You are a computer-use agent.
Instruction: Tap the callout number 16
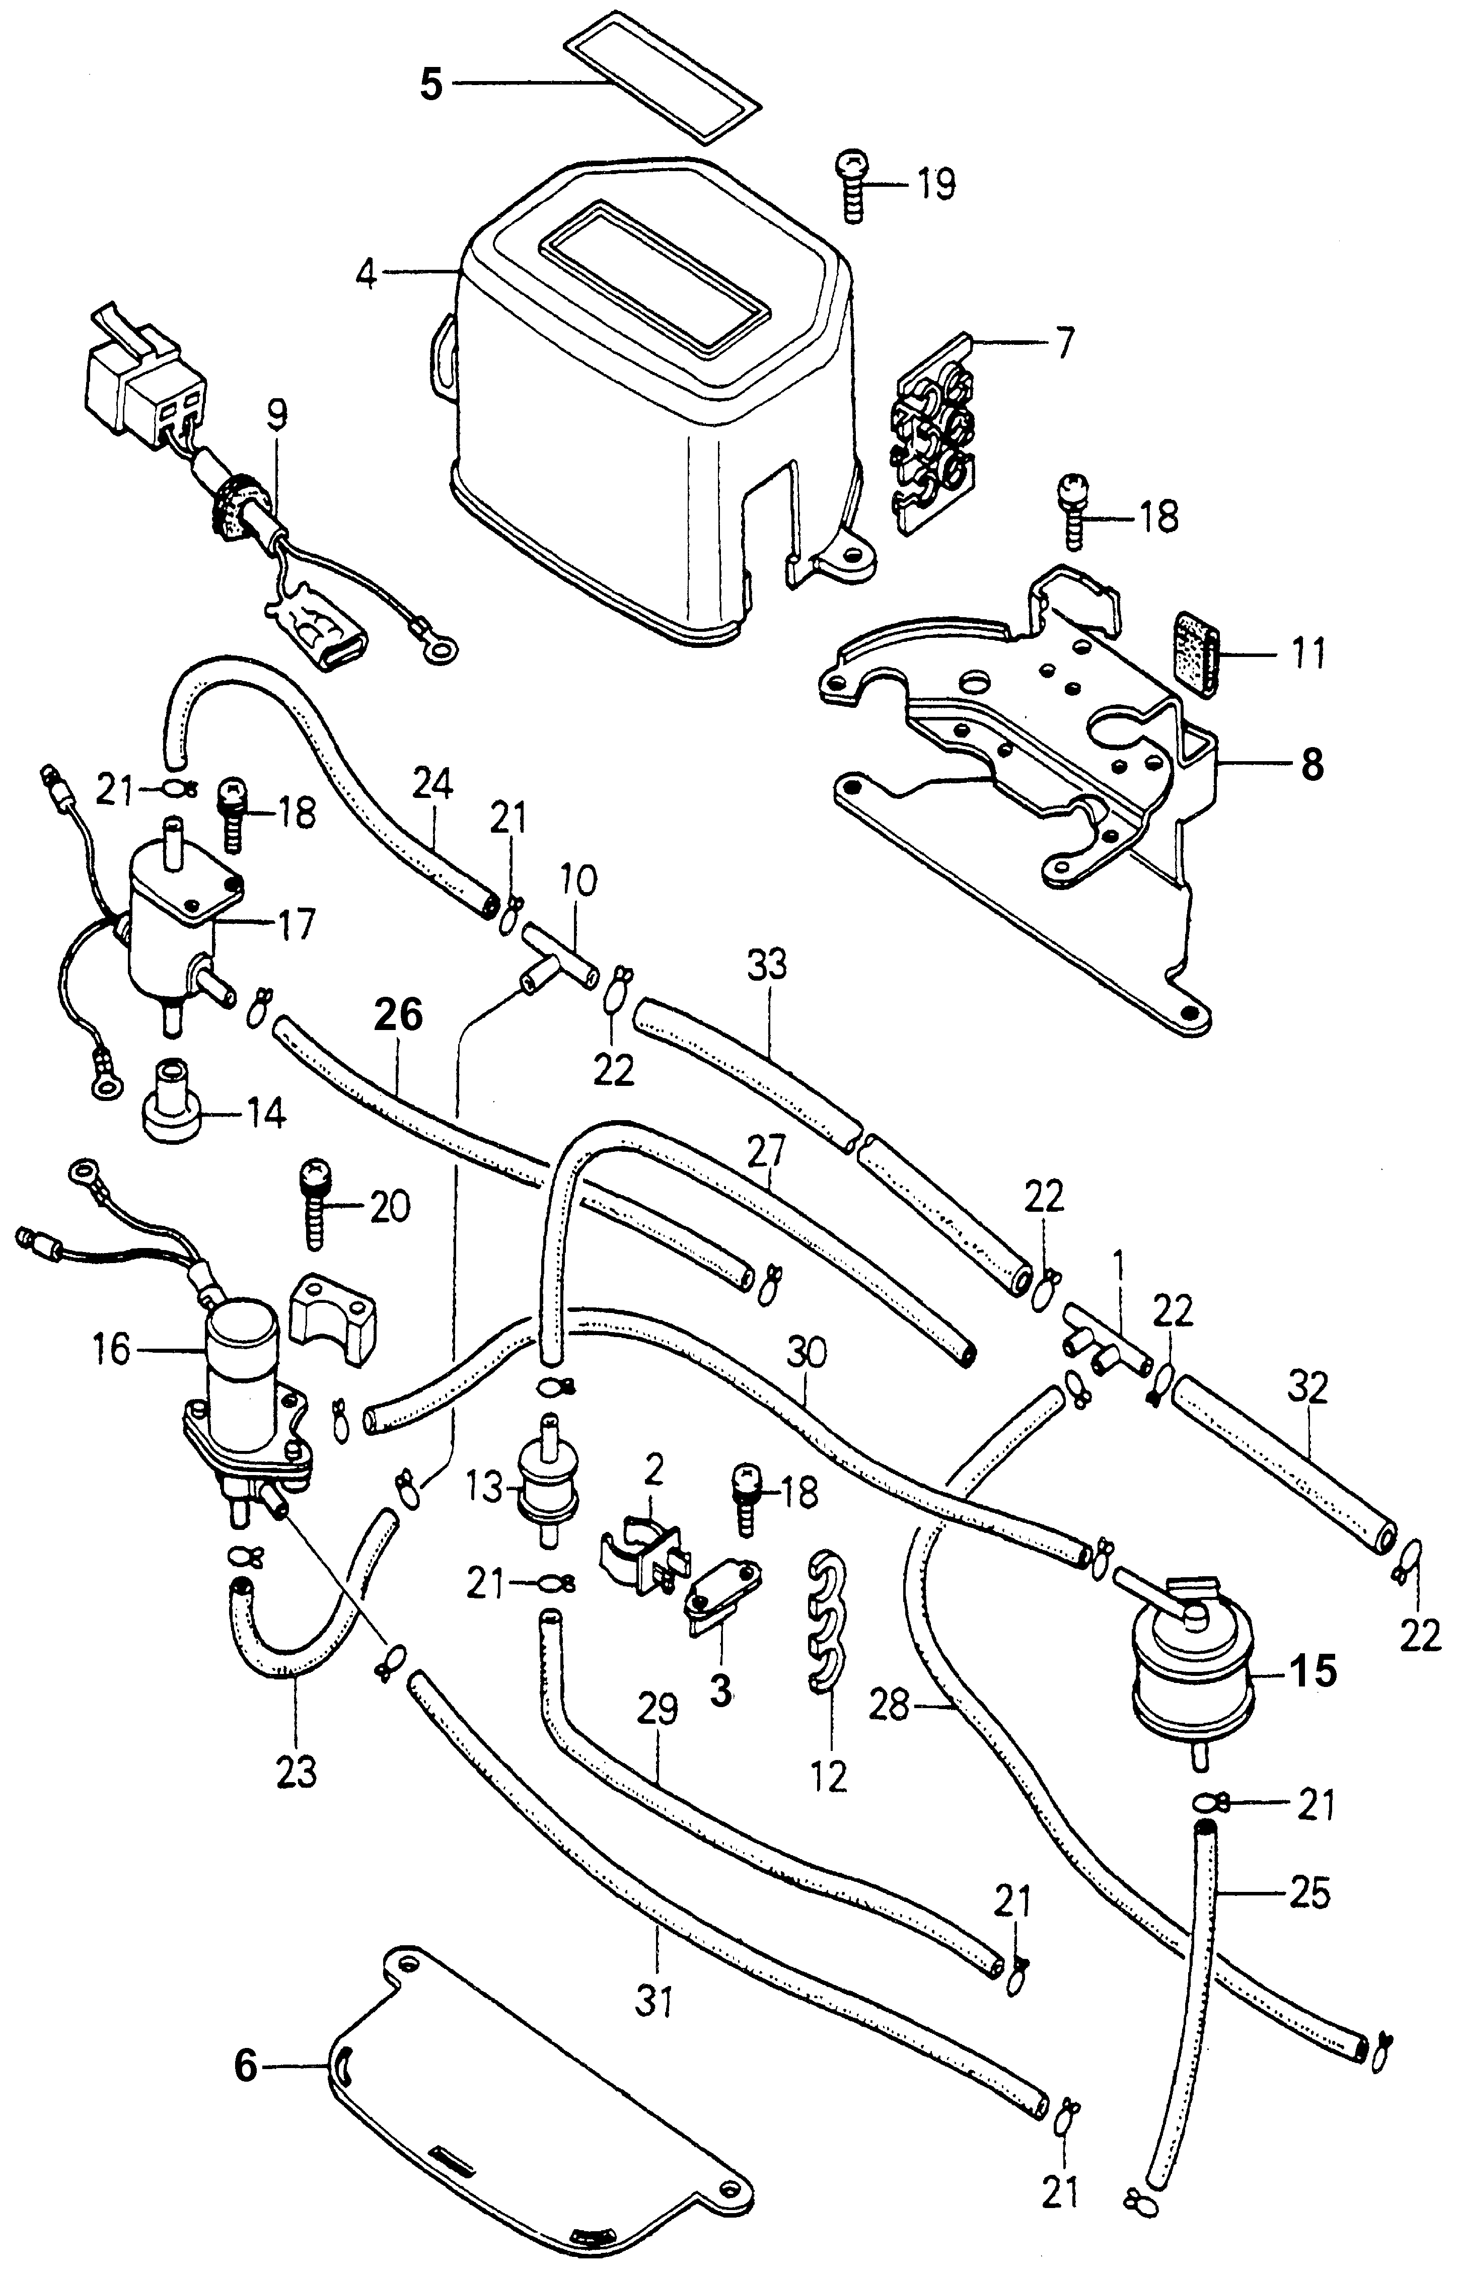(x=112, y=1349)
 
